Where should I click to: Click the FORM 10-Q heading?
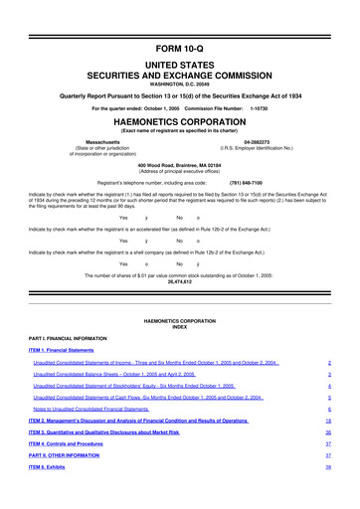[x=179, y=20]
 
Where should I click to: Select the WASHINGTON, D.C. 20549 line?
[x=179, y=59]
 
